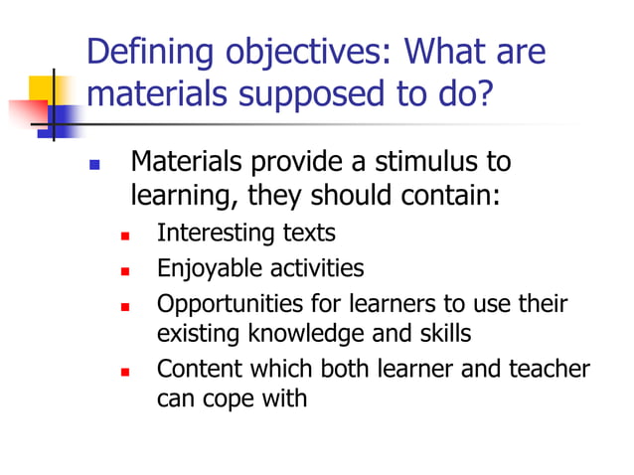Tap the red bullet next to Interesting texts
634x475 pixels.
click(x=125, y=237)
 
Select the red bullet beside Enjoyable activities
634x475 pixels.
click(x=125, y=270)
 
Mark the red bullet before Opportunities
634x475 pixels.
click(x=125, y=305)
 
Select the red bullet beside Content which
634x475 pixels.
click(x=125, y=372)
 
